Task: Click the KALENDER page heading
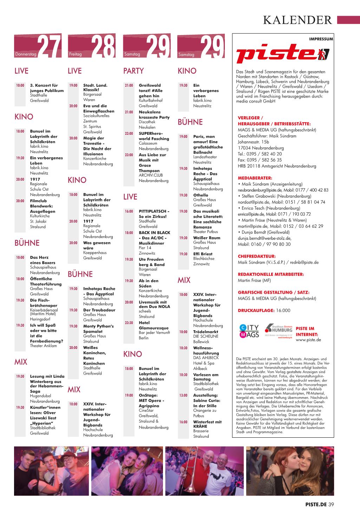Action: [297, 20]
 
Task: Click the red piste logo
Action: [283, 54]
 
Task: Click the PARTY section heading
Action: [133, 71]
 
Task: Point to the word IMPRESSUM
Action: [321, 39]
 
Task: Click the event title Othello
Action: [201, 195]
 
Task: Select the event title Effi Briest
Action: [203, 254]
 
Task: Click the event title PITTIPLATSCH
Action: [154, 211]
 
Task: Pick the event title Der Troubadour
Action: [99, 310]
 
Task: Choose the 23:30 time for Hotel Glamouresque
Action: [129, 323]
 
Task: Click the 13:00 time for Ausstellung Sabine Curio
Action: [183, 396]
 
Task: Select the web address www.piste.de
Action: [308, 340]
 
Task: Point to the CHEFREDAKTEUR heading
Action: [256, 256]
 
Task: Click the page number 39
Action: [331, 504]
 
